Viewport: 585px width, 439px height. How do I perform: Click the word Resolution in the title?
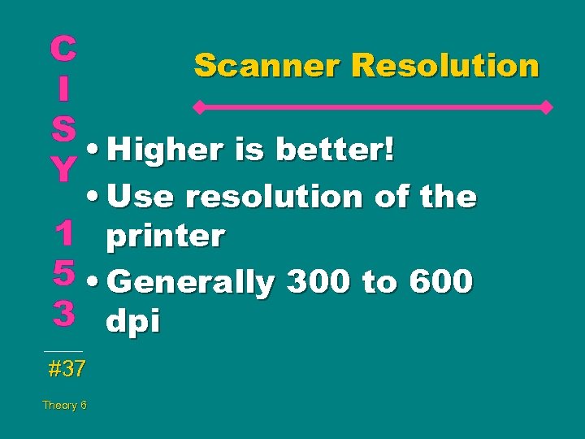(x=445, y=65)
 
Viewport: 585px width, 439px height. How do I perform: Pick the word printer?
(x=165, y=237)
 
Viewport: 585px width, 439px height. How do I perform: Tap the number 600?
(x=441, y=282)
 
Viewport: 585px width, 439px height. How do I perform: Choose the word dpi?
(x=132, y=322)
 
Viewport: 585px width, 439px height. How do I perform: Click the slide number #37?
(x=67, y=369)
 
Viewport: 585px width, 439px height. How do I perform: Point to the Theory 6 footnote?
(x=65, y=405)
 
